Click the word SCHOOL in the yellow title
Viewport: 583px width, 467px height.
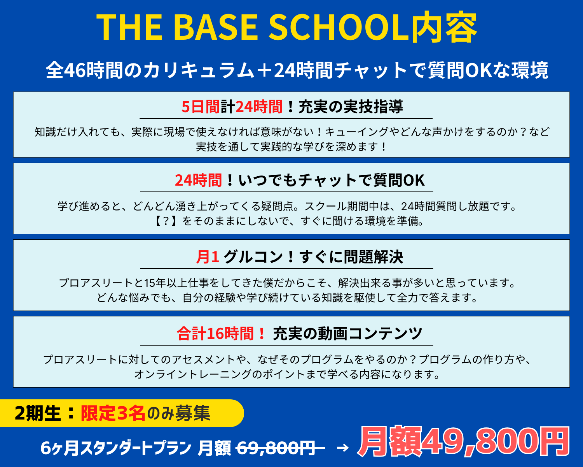[339, 27]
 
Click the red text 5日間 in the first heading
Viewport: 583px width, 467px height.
[201, 107]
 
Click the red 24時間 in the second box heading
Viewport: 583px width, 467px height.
[198, 180]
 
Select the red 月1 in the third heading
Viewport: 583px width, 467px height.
[208, 257]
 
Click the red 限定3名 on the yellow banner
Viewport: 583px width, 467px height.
[113, 413]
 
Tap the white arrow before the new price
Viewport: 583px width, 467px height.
[342, 448]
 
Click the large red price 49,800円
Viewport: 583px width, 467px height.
[496, 441]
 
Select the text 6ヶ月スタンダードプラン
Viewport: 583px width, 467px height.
[116, 448]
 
